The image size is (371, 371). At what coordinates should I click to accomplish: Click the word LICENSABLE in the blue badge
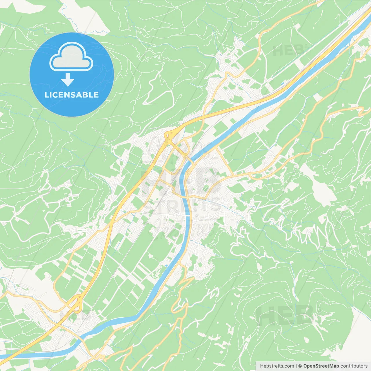(x=72, y=95)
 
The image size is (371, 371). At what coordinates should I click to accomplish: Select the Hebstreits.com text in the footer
(x=277, y=366)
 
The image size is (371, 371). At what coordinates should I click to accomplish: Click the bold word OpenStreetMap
(x=321, y=366)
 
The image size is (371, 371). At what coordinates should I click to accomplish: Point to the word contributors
(x=354, y=366)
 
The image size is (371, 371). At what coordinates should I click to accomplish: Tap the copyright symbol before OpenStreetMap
(x=300, y=366)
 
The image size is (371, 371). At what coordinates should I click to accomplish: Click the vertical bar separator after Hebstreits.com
(x=296, y=366)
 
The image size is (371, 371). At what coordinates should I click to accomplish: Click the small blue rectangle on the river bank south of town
(x=166, y=265)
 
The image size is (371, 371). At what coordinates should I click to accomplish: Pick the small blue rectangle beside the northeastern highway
(x=282, y=84)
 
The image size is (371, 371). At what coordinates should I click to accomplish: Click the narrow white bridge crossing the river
(x=188, y=215)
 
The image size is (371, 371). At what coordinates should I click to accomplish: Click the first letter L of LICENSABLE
(x=46, y=95)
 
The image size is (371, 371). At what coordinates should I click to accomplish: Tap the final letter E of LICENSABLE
(x=96, y=95)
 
